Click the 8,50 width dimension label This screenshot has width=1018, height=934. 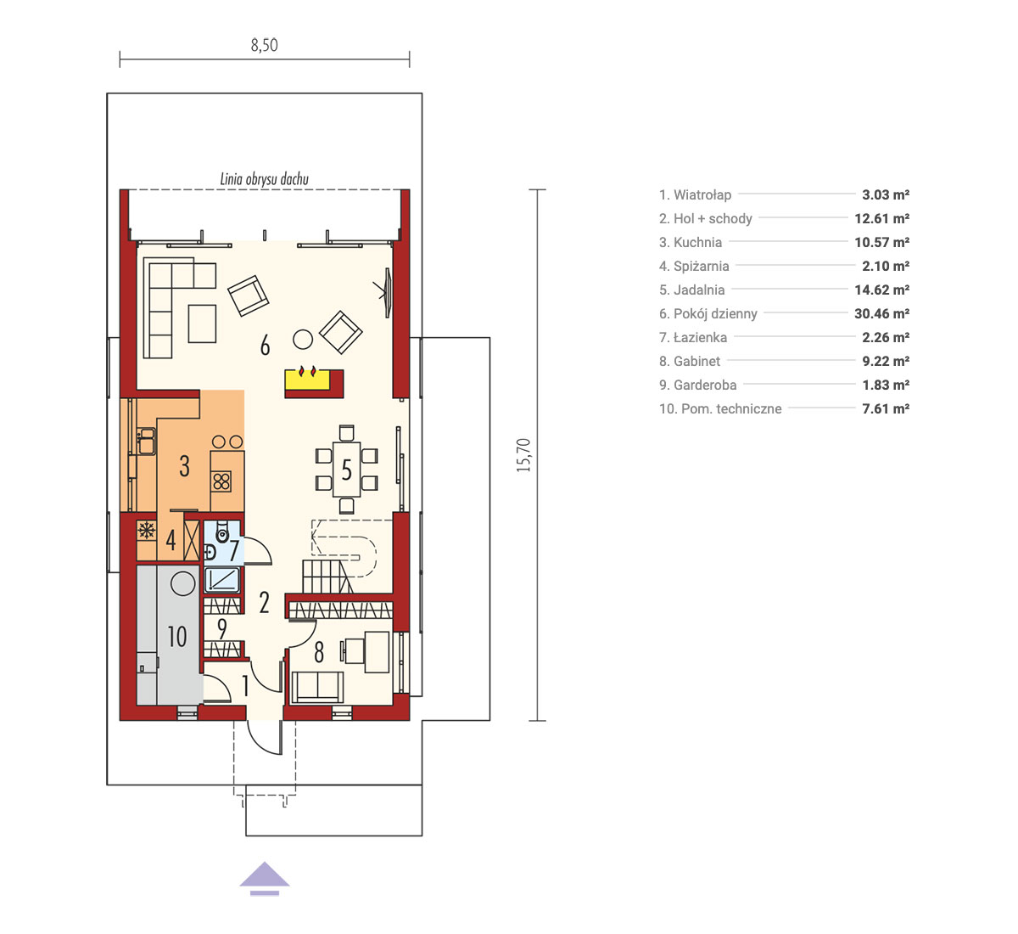(264, 45)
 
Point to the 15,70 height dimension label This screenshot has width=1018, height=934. (523, 455)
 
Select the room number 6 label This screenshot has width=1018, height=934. (265, 346)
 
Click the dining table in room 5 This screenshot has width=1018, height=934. (347, 470)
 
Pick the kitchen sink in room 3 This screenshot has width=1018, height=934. (146, 441)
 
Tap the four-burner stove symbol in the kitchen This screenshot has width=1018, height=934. (221, 481)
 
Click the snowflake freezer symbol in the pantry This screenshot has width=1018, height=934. (147, 531)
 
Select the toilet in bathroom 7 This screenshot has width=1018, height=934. (221, 531)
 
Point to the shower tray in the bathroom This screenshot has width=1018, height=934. (221, 580)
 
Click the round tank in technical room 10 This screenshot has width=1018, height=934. (182, 582)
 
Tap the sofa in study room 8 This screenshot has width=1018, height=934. (317, 687)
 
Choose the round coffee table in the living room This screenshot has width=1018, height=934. (303, 340)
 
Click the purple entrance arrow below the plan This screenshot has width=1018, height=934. (265, 879)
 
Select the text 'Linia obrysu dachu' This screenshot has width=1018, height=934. (265, 179)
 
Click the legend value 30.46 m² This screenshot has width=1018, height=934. (881, 313)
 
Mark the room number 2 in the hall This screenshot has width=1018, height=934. (264, 603)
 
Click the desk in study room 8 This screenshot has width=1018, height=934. (376, 652)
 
